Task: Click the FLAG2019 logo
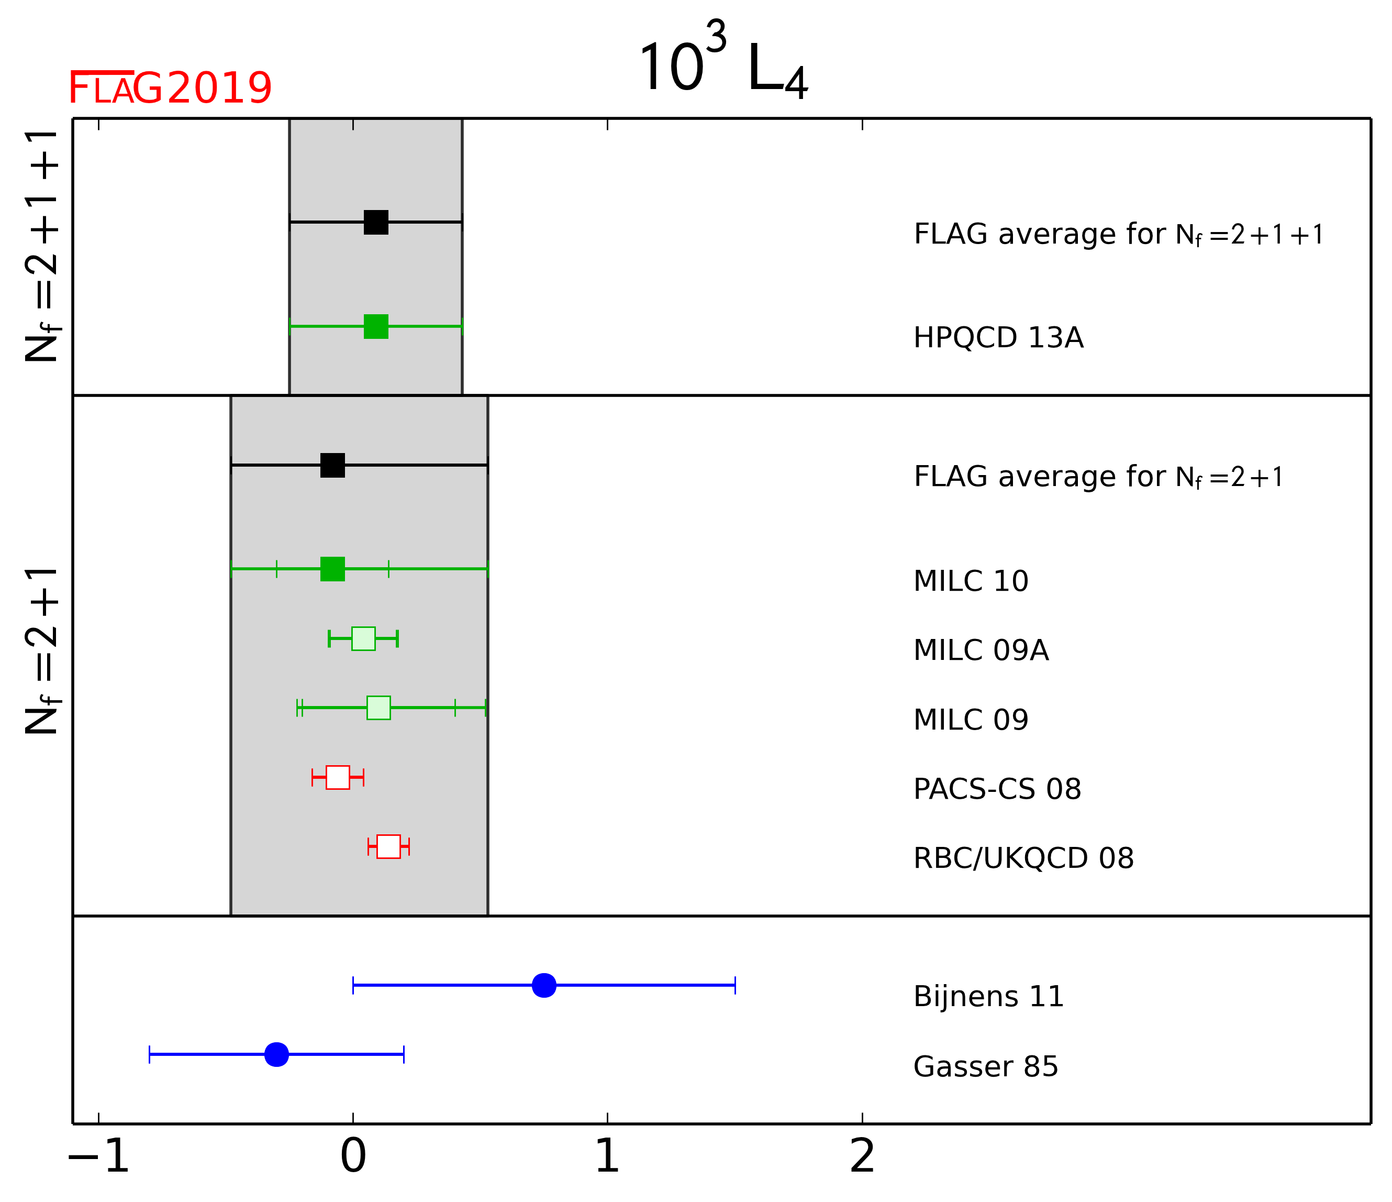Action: [171, 87]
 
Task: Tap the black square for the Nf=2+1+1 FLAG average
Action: [376, 222]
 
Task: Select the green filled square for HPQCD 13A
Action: [376, 327]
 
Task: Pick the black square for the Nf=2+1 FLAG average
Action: [332, 465]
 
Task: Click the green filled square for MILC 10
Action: [332, 569]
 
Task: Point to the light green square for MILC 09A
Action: [363, 638]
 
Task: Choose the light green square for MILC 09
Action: [379, 708]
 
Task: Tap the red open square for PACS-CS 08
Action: [338, 777]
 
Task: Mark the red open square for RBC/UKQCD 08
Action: [389, 846]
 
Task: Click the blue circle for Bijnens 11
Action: [544, 986]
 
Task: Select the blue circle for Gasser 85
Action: [277, 1055]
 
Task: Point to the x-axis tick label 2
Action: [863, 1156]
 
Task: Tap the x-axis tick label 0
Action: [353, 1156]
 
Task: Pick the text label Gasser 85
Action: [986, 1067]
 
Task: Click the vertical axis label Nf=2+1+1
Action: [42, 247]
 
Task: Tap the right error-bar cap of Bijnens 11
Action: [736, 986]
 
